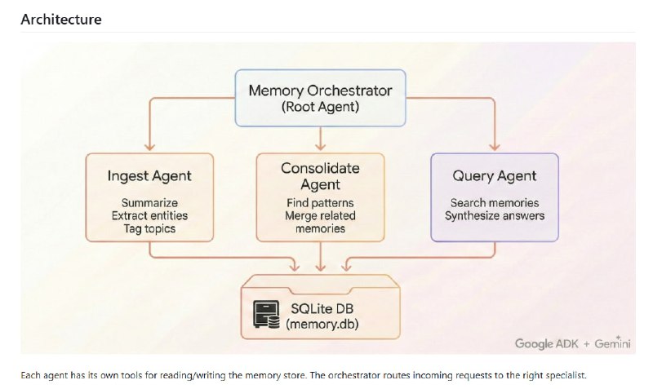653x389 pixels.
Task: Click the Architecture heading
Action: click(x=61, y=19)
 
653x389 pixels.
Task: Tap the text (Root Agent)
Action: click(x=321, y=106)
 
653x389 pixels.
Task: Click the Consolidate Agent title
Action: click(x=320, y=177)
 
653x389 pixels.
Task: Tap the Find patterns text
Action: click(x=320, y=202)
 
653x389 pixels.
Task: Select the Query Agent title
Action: click(x=495, y=175)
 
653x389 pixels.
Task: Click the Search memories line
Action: click(x=495, y=202)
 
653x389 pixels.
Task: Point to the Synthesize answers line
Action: click(x=495, y=215)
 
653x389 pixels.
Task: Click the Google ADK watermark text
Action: click(x=548, y=343)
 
